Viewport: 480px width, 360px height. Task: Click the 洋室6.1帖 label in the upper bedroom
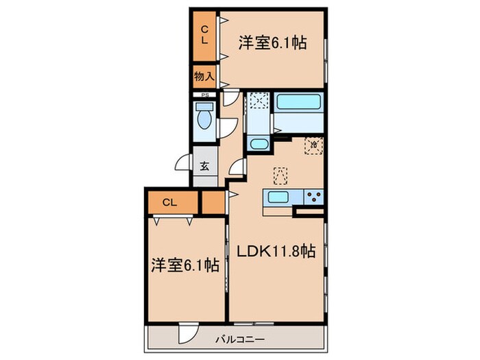coord(272,43)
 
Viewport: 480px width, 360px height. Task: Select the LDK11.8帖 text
coord(276,252)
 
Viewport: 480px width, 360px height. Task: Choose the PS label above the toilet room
coord(204,95)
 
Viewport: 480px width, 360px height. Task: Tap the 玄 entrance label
coord(204,165)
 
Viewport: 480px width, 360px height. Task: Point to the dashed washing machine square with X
coord(258,102)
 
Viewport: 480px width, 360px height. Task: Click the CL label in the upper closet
coord(204,34)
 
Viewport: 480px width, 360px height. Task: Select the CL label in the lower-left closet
coord(171,202)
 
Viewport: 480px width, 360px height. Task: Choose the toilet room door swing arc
coord(228,128)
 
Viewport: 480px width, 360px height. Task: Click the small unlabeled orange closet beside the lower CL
coord(213,202)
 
